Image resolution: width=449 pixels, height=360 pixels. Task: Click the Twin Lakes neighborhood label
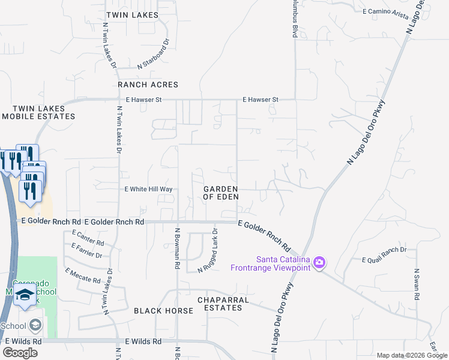pyautogui.click(x=132, y=14)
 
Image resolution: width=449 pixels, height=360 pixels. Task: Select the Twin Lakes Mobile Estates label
pyautogui.click(x=38, y=112)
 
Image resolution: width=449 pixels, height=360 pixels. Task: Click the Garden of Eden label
pyautogui.click(x=221, y=193)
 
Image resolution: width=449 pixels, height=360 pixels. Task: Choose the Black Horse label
pyautogui.click(x=163, y=311)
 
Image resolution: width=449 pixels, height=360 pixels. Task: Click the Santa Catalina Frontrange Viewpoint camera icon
pyautogui.click(x=319, y=262)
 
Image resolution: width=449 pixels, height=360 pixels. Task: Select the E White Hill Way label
pyautogui.click(x=148, y=189)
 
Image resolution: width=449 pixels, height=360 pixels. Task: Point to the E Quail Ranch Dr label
pyautogui.click(x=384, y=254)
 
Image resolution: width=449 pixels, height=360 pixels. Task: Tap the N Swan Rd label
pyautogui.click(x=417, y=284)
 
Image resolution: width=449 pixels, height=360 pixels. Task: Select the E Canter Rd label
pyautogui.click(x=88, y=238)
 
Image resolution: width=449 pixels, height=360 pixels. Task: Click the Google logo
pyautogui.click(x=20, y=353)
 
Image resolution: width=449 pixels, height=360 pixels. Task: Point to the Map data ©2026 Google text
pyautogui.click(x=412, y=355)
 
